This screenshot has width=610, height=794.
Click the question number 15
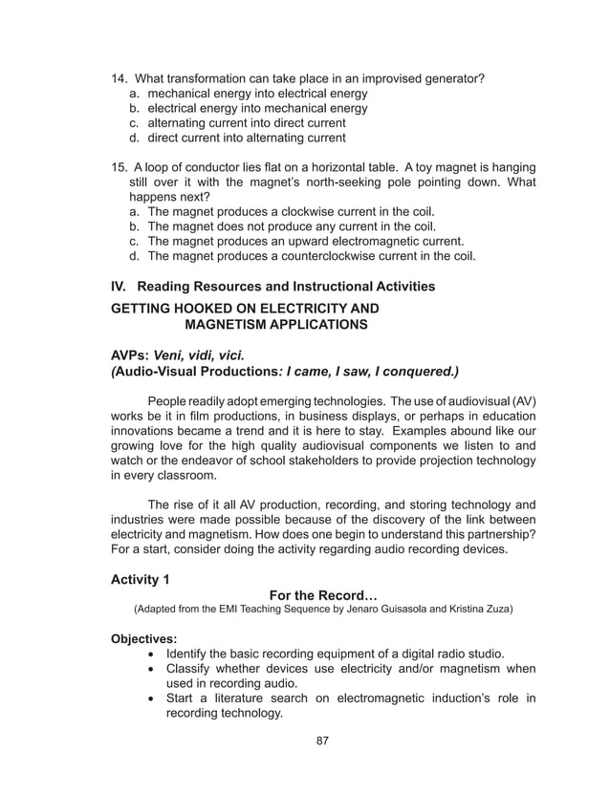coord(120,167)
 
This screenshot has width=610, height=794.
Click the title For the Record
coord(324,594)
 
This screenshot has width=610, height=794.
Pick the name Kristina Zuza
coord(472,609)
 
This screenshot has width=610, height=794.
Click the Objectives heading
coord(144,638)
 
